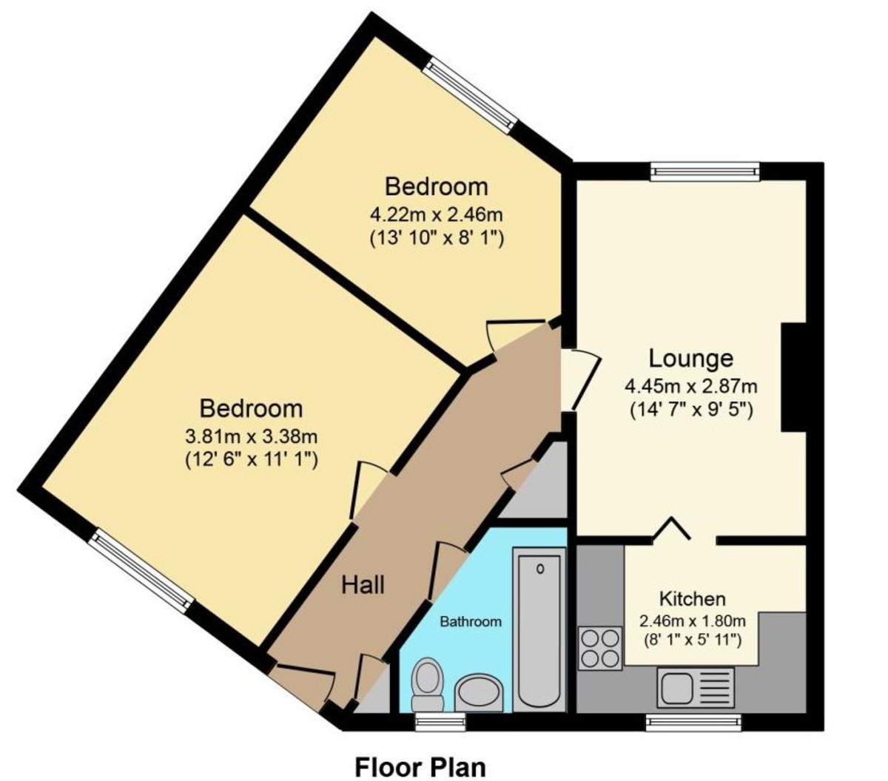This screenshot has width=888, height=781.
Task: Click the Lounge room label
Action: pos(690,359)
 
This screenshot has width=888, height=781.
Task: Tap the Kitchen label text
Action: pos(692,598)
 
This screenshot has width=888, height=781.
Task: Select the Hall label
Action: pos(363,585)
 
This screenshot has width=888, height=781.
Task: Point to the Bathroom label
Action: pos(471,621)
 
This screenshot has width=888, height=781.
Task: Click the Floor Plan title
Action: pos(420,766)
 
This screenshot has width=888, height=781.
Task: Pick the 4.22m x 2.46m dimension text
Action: pos(437,215)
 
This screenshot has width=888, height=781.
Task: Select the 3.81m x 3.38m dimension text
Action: pos(252,436)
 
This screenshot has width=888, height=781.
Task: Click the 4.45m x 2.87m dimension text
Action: pos(691,385)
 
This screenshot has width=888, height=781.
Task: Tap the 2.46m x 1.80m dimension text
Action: pos(692,620)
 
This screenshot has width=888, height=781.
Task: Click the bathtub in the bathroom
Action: pos(539,629)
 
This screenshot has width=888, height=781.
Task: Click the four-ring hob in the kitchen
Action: pos(599,648)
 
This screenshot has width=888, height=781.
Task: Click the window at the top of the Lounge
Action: pos(705,172)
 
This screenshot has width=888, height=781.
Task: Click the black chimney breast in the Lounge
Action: pos(793,377)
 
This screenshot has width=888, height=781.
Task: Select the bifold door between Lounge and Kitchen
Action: pos(672,529)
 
